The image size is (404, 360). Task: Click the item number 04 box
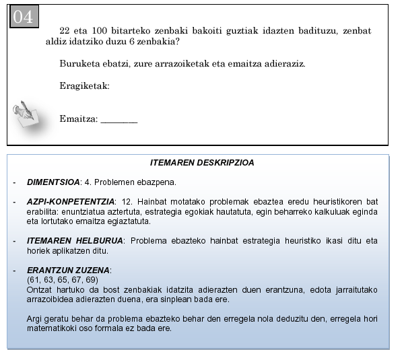[x=23, y=17]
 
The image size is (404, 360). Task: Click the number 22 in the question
[x=65, y=31]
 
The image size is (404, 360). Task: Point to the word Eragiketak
[x=84, y=86]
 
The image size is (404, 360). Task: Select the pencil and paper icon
[x=29, y=114]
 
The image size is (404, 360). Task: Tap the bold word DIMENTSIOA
[x=53, y=182]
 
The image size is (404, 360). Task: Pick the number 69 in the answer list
[x=92, y=279]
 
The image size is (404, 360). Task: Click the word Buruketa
[x=79, y=65]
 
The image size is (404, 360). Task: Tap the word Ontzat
[x=38, y=289]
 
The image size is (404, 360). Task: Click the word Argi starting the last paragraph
[x=34, y=319]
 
